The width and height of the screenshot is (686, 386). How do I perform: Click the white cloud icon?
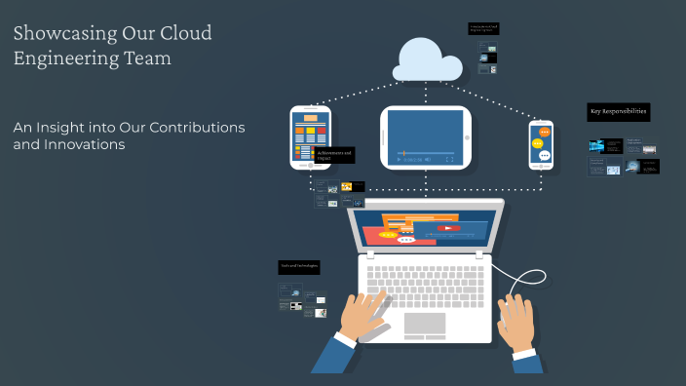[x=426, y=60]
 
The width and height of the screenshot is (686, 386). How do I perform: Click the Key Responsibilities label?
[x=618, y=113]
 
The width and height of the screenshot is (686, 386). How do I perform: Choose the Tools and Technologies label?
[x=299, y=265]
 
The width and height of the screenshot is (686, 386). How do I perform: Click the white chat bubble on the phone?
[x=545, y=156]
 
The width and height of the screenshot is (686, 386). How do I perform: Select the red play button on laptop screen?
[x=447, y=229]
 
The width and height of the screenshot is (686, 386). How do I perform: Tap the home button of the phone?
[x=542, y=167]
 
